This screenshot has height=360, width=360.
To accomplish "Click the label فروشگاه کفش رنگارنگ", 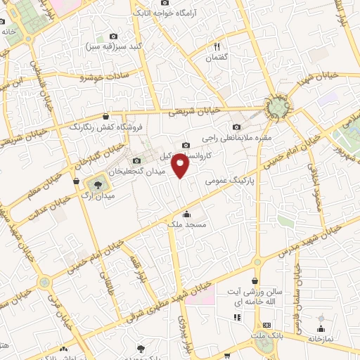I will (105, 127).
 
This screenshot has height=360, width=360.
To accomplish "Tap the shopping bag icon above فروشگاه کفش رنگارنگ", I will (105, 117).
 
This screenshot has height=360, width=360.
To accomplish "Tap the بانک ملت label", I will (266, 336).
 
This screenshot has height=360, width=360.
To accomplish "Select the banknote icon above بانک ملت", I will (266, 326).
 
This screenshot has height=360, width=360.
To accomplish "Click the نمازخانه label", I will (321, 339).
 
